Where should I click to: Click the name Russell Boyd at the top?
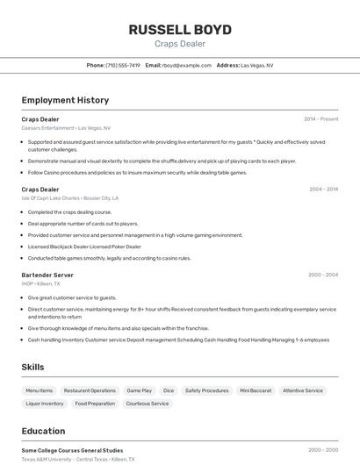coord(180,30)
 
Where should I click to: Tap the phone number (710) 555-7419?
coord(123,65)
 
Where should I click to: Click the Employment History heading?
coord(65,100)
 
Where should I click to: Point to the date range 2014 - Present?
coord(320,119)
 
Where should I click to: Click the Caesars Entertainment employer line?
coord(66,128)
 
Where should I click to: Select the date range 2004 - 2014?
coord(323,190)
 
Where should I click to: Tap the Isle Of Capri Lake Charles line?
coord(69,198)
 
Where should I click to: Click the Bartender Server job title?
coord(47,275)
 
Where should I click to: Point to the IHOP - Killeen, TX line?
coord(41,283)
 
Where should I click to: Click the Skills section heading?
coord(33,367)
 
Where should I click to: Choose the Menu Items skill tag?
coord(39,390)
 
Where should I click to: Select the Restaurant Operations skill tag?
coord(90,390)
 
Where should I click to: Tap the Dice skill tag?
coord(168,390)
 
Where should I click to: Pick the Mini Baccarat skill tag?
coord(256,390)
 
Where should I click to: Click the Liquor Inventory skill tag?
coord(45,404)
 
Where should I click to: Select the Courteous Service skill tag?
coord(148,404)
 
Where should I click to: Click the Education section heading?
coord(43,431)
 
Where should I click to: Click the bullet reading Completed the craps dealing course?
coord(69,211)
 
